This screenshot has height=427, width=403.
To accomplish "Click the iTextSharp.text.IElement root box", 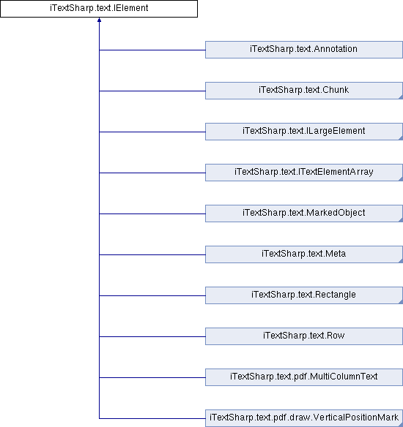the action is point(99,9).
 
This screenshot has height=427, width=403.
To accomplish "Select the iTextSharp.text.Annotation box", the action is point(304,50).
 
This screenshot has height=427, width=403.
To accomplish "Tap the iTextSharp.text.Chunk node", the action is point(304,91).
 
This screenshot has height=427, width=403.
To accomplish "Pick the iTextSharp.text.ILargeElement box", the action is point(304,132).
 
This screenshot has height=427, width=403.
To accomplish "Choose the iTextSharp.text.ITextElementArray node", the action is point(304,173).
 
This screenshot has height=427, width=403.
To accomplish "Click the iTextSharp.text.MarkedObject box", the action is point(304,213).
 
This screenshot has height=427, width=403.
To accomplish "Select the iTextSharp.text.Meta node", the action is point(304,254).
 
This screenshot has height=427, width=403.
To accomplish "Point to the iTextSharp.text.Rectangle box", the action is point(304,295).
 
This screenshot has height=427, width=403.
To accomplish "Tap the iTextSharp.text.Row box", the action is point(304,336).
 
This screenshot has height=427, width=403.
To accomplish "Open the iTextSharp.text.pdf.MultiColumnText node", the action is point(304,377).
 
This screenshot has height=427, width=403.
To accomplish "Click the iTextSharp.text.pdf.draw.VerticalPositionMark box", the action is point(304,418).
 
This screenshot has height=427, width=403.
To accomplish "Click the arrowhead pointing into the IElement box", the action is point(99,20).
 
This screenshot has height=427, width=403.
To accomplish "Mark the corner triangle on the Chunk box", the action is point(401,97).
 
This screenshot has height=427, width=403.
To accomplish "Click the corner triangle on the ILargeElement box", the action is point(401,138).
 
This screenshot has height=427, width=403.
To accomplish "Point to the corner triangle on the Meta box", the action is point(401,261).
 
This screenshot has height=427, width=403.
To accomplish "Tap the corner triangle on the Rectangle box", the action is point(401,302).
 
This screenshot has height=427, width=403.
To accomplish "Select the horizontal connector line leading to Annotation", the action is point(152,50).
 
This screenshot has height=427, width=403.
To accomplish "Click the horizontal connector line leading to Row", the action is point(152,336).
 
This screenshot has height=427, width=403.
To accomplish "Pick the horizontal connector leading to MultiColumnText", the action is point(152,377).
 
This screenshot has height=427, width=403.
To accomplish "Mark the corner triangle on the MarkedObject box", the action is point(401,220).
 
